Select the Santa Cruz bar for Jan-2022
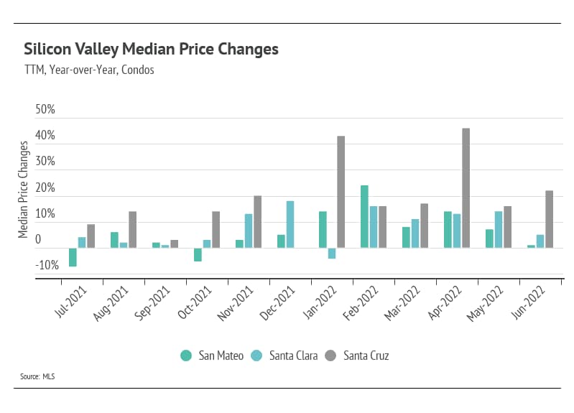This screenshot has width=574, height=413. [341, 192]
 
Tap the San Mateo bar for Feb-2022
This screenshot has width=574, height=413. [364, 217]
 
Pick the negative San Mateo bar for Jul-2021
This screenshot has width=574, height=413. [73, 257]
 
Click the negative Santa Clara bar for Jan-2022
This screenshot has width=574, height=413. [332, 253]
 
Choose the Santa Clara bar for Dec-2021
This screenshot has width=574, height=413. [290, 224]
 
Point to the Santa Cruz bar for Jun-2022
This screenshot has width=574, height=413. [550, 219]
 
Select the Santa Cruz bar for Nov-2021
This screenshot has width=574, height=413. [257, 222]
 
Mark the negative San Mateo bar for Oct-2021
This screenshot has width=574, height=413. [198, 254]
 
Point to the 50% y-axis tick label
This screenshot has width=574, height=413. [45, 110]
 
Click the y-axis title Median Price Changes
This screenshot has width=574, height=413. [23, 189]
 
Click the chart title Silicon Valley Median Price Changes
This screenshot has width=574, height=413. [151, 50]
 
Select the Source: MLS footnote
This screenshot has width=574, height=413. [38, 376]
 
